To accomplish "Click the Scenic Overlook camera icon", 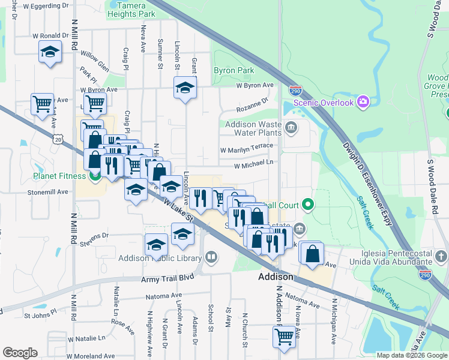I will point(363,102).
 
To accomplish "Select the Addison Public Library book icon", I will point(211,258).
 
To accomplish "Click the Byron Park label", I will point(234,70).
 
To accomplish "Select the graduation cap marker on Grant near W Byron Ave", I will point(185,88).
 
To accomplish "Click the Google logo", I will point(20,353).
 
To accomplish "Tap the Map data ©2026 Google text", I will point(412,355).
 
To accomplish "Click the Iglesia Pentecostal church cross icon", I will point(441,257).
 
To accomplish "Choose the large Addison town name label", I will point(276,277).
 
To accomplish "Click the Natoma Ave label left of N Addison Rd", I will point(164,296).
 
